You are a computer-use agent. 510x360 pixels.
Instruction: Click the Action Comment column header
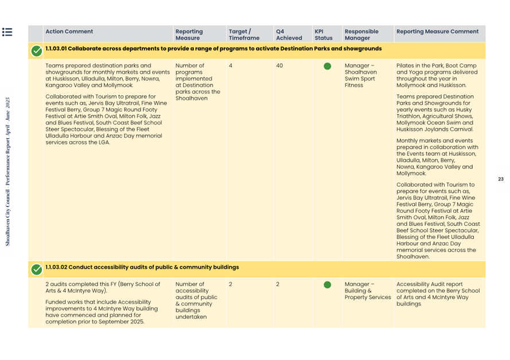coord(69,32)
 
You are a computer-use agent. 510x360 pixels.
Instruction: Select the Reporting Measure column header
coord(189,35)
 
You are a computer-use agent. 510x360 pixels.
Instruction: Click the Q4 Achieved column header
coord(289,35)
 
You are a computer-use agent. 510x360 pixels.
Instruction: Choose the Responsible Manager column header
coord(361,35)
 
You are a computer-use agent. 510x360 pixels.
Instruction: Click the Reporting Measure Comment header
coord(437,32)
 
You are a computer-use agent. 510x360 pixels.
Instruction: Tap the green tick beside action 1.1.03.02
coord(36,269)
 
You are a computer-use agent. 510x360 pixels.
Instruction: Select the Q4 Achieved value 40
coord(279,65)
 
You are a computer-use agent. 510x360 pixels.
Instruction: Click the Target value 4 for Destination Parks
coord(231,65)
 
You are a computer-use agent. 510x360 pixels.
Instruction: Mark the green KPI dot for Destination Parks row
coord(327,66)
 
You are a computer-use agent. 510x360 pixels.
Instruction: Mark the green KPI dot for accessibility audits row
coord(327,284)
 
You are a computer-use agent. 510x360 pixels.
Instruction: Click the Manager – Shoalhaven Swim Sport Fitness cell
coord(361,75)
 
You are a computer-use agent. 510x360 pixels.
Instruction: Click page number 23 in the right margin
coord(500,179)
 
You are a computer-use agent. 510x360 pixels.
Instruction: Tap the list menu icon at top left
coord(7,32)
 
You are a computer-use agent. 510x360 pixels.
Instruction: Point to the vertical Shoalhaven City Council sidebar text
coord(8,172)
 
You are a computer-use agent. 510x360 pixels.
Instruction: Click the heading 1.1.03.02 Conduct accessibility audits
coord(142,267)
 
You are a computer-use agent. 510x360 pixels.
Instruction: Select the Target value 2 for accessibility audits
coord(231,284)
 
